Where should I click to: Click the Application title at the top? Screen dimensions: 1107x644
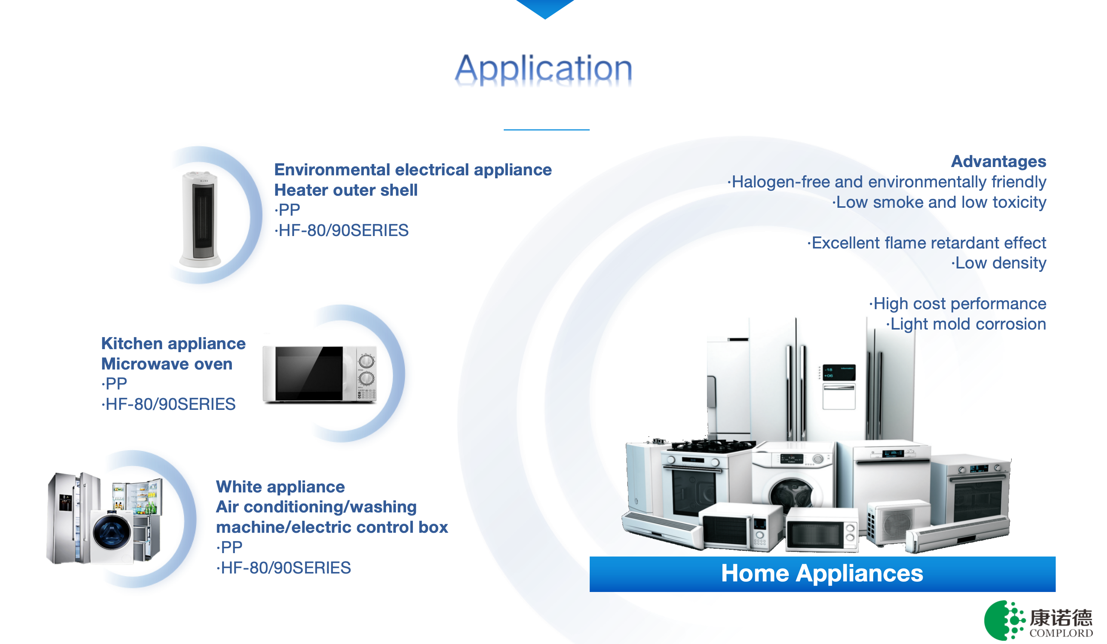[x=544, y=69]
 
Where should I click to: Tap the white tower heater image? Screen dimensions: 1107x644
[x=200, y=219]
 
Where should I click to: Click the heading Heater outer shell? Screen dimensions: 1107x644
[x=346, y=190]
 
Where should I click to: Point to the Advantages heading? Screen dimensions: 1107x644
[x=998, y=161]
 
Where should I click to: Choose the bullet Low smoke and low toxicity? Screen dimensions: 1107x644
[x=939, y=202]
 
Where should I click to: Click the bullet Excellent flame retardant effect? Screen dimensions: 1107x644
[x=927, y=242]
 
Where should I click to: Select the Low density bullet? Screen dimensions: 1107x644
[x=999, y=263]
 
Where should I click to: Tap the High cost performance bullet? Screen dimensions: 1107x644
[x=958, y=304]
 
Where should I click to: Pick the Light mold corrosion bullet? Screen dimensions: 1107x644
[x=966, y=324]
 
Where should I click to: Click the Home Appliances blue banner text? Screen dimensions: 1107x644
[x=822, y=573]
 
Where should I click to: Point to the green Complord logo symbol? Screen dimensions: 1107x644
[x=1004, y=620]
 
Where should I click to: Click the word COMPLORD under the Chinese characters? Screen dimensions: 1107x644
[x=1061, y=633]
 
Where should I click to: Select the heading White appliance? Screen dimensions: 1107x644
[x=280, y=487]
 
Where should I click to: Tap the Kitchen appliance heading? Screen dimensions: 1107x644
[x=173, y=343]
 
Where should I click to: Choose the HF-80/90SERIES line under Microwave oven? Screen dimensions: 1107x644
[x=169, y=404]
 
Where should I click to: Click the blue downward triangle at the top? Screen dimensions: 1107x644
[x=545, y=8]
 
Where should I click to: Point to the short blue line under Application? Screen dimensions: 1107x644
[x=546, y=130]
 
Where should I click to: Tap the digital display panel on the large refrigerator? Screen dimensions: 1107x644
[x=839, y=373]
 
